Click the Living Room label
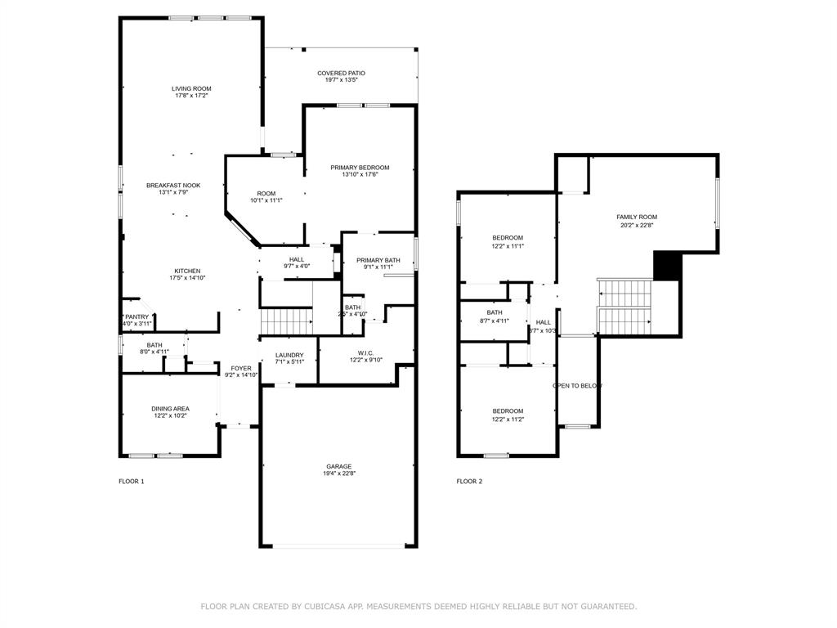[x=191, y=88]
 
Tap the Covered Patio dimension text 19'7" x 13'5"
[x=341, y=81]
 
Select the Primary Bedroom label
[x=360, y=168]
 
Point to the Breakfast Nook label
[x=173, y=186]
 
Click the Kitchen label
[x=187, y=271]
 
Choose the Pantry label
[x=137, y=317]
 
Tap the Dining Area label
[x=170, y=409]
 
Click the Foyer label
[x=241, y=369]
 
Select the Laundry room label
[x=289, y=355]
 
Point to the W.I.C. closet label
[x=365, y=353]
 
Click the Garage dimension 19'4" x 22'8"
[x=338, y=473]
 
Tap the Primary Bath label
[x=378, y=260]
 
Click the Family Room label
[x=637, y=217]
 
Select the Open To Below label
[x=577, y=386]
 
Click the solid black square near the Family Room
[x=667, y=266]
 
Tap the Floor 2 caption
[x=469, y=482]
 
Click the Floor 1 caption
[x=132, y=482]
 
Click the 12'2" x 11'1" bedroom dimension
[x=508, y=246]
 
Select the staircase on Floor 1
[x=286, y=321]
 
